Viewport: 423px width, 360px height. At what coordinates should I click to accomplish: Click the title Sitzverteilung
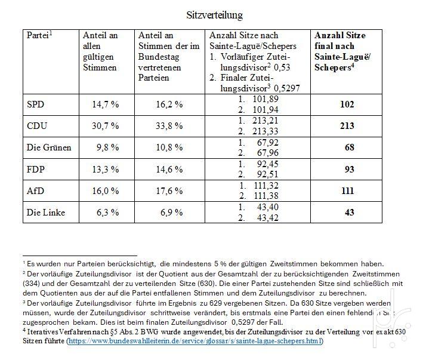tap(214, 15)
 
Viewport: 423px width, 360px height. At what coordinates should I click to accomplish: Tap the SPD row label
tap(35, 104)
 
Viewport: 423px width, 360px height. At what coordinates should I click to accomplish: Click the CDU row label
tap(36, 126)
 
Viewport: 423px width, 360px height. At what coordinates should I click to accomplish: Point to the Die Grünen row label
tap(49, 147)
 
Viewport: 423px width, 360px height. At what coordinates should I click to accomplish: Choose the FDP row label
tap(36, 170)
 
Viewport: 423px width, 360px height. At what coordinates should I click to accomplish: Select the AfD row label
tap(35, 191)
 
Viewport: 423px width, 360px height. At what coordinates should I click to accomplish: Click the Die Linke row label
tap(46, 213)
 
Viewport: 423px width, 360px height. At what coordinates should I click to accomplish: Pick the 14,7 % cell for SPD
tap(106, 104)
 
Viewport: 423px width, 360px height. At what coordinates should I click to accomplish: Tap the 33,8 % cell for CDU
tap(169, 126)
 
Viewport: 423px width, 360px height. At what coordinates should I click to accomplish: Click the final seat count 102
tap(347, 104)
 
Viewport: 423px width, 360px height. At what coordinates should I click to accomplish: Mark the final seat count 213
tap(347, 126)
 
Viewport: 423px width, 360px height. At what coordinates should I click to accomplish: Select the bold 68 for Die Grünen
tap(350, 147)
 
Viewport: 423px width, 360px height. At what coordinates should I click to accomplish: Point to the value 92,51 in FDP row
tap(267, 174)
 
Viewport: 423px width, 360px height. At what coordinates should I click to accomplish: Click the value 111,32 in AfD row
tap(266, 186)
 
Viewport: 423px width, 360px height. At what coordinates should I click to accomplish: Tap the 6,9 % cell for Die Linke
tap(172, 213)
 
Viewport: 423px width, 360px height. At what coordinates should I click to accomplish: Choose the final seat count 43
tap(350, 213)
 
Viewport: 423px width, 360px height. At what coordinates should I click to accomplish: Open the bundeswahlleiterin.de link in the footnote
tap(195, 341)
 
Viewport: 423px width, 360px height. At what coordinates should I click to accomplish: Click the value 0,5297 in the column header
tap(287, 88)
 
